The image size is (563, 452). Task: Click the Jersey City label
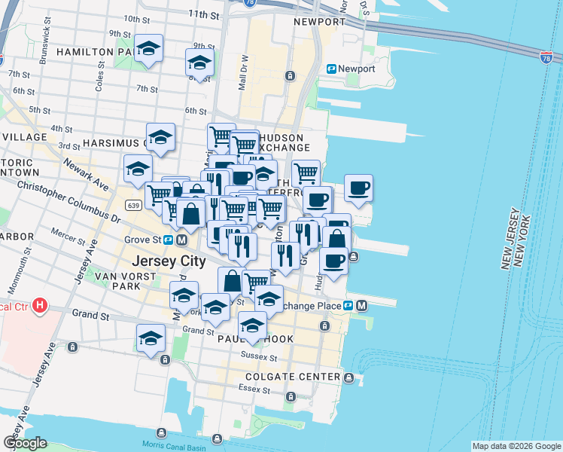point(169,261)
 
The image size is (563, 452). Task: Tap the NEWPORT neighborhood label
point(319,22)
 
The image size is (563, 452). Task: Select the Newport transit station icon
point(331,69)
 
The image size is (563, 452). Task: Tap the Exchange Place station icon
point(349,306)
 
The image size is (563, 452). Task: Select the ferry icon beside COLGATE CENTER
point(349,377)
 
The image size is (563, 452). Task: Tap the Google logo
point(25,443)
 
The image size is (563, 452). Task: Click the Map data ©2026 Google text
point(516,446)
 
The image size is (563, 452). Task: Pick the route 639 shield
point(133,205)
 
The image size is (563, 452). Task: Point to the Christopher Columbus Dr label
point(68,201)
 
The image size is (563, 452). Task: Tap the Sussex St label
point(260,356)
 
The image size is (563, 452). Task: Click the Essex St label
point(255,390)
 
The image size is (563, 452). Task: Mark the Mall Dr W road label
point(244,72)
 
